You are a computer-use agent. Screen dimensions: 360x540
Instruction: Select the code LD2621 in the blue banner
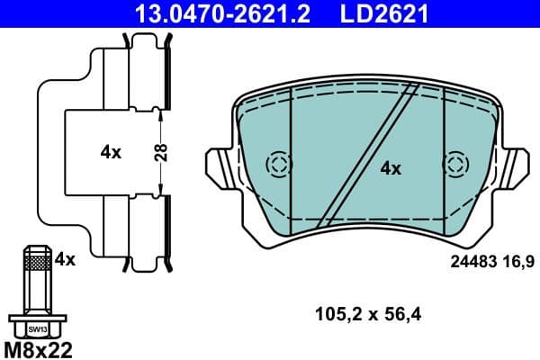pos(382,13)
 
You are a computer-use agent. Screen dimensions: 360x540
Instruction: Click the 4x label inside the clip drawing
pos(111,152)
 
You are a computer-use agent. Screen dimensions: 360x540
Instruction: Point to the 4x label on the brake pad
pos(390,167)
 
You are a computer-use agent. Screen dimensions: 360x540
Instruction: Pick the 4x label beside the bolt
pos(64,259)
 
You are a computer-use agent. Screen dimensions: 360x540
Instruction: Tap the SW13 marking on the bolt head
pos(35,328)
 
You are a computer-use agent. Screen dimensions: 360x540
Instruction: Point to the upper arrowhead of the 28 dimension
pos(160,112)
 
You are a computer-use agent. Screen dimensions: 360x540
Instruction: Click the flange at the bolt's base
pos(35,319)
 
